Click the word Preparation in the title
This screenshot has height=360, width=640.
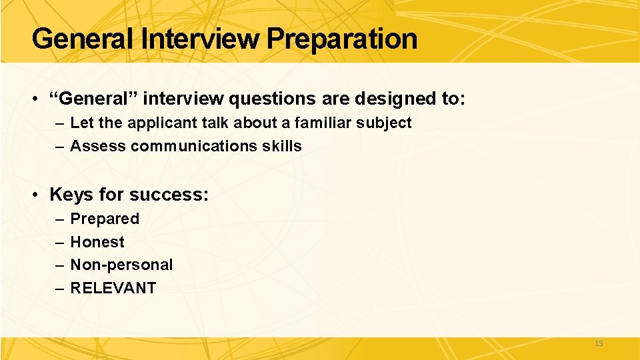(x=342, y=39)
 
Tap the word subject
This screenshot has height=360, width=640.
(x=386, y=123)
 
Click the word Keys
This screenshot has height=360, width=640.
(x=71, y=195)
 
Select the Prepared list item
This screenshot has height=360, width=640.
(x=105, y=219)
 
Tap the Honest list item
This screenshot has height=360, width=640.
(x=97, y=242)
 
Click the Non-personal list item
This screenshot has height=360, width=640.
(x=121, y=265)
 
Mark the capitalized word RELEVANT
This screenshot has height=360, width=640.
(x=113, y=288)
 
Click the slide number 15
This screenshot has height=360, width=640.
(x=598, y=343)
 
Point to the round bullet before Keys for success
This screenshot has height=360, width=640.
(x=35, y=195)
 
